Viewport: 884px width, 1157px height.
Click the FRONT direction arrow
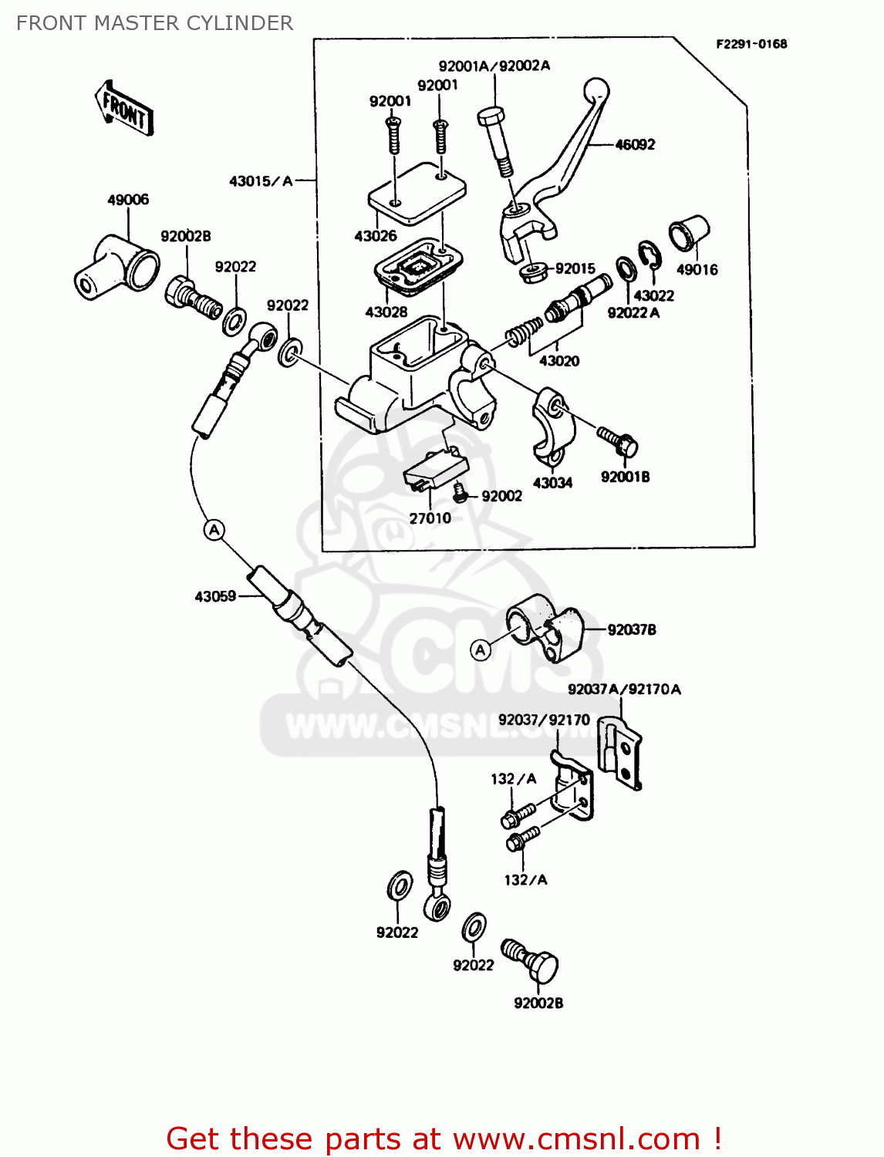coord(124,109)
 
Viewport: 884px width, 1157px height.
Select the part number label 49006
coord(128,200)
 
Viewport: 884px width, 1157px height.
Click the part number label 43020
coord(559,361)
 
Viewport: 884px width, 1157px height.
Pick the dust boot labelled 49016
coord(688,232)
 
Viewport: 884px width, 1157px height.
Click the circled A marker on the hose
coord(214,530)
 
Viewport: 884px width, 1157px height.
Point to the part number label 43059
coord(215,596)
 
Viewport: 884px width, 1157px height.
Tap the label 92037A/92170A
coord(624,690)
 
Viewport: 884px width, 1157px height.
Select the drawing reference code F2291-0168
coord(751,44)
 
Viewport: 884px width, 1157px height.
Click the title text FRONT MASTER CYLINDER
coord(154,23)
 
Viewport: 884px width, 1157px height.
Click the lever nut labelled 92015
coord(530,271)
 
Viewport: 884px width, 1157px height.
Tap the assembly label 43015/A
coord(261,181)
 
